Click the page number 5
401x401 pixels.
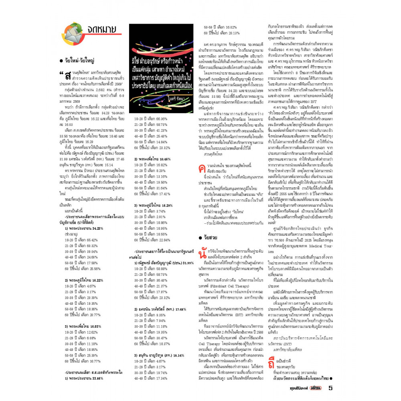[x=330, y=388]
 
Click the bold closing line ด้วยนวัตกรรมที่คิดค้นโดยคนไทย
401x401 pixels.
[x=303, y=378]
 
